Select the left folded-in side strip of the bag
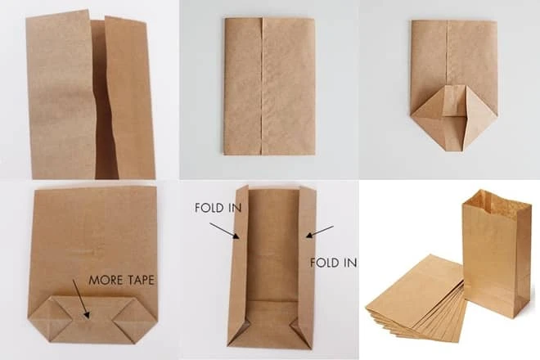pyautogui.click(x=238, y=262)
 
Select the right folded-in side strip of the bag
pyautogui.click(x=306, y=262)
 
